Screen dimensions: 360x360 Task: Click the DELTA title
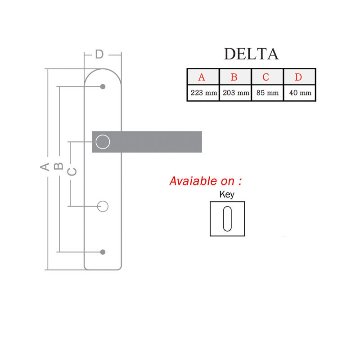[251, 54]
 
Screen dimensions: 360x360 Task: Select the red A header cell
[202, 77]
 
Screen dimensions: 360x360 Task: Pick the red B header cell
[234, 77]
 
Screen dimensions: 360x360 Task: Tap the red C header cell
[266, 77]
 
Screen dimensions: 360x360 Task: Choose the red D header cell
[298, 77]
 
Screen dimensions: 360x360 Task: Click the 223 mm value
[203, 93]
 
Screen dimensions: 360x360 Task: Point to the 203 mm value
[236, 93]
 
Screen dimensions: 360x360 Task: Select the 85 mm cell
[267, 93]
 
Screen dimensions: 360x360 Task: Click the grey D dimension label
[99, 54]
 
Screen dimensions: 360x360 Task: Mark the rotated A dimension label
[45, 167]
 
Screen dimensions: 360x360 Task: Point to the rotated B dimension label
[58, 167]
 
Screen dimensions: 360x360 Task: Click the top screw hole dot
[103, 86]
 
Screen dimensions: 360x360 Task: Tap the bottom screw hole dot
[103, 252]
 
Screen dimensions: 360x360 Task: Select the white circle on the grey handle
[103, 142]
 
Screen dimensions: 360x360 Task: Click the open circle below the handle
[103, 206]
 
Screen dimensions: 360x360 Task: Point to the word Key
[227, 195]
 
